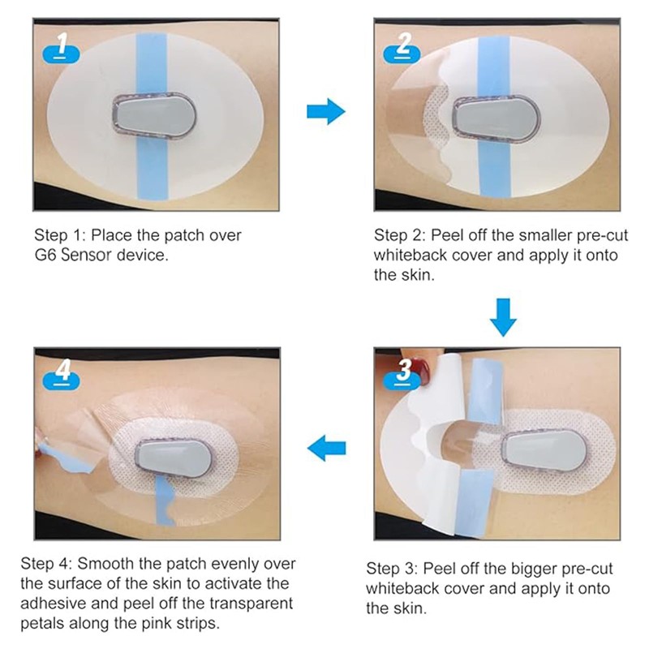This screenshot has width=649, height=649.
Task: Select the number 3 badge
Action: [x=402, y=374]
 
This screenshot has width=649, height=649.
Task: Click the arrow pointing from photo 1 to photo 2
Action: [x=326, y=111]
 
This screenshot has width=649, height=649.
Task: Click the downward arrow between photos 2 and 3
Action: [x=503, y=317]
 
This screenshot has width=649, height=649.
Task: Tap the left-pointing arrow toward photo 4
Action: [x=327, y=448]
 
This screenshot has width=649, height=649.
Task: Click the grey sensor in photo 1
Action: [x=154, y=118]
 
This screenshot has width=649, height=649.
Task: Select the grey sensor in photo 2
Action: [x=496, y=118]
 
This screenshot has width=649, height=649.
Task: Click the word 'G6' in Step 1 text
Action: [x=45, y=255]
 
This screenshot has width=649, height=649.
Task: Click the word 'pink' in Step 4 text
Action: [x=157, y=624]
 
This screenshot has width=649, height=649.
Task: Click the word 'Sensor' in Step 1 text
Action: [x=86, y=255]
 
